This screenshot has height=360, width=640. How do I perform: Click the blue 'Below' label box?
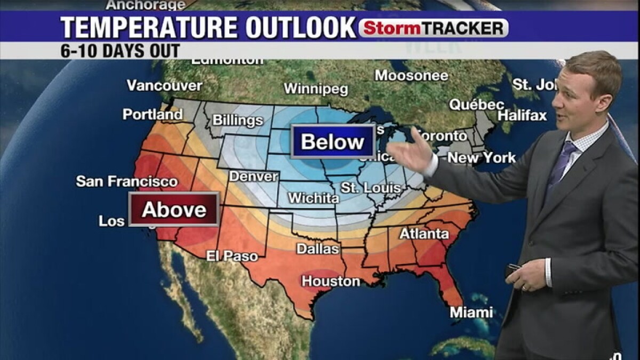pyautogui.click(x=333, y=141)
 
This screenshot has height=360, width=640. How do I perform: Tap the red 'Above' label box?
pyautogui.click(x=174, y=209)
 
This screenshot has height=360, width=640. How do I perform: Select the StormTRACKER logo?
pyautogui.click(x=433, y=28)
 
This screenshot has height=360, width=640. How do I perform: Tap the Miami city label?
pyautogui.click(x=471, y=313)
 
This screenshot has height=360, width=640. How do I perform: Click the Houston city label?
pyautogui.click(x=331, y=281)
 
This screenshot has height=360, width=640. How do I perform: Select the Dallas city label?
pyautogui.click(x=317, y=249)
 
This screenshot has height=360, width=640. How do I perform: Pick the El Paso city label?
pyautogui.click(x=232, y=256)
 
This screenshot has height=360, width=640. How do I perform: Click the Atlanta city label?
pyautogui.click(x=424, y=234)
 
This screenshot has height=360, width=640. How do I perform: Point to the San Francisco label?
pyautogui.click(x=127, y=181)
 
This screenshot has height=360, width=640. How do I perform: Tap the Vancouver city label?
pyautogui.click(x=164, y=85)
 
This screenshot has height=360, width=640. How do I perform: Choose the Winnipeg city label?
pyautogui.click(x=316, y=89)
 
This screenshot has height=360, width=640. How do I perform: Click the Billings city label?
pyautogui.click(x=238, y=120)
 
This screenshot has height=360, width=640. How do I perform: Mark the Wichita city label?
pyautogui.click(x=313, y=198)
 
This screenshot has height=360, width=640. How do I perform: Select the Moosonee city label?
pyautogui.click(x=411, y=76)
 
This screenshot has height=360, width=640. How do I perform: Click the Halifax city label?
pyautogui.click(x=523, y=115)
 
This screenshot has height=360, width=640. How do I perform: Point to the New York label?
pyautogui.click(x=482, y=158)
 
